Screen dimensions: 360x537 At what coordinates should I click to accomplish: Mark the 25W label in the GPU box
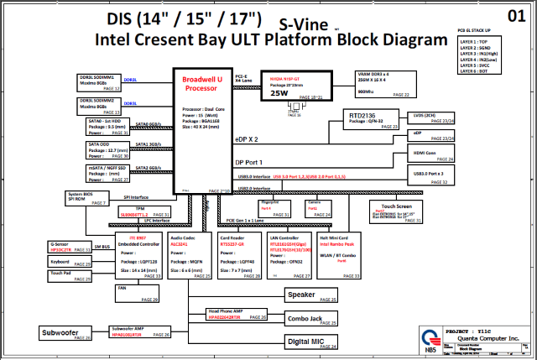[279, 94]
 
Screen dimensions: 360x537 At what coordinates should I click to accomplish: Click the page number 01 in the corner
[518, 14]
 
